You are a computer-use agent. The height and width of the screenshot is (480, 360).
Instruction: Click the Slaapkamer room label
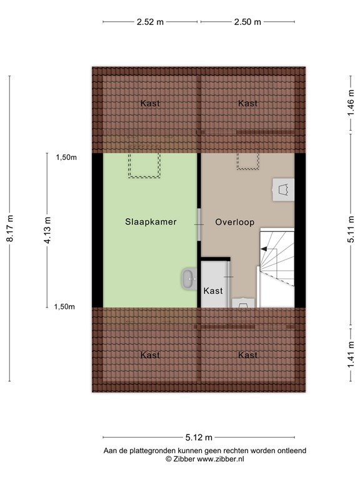[x=150, y=222]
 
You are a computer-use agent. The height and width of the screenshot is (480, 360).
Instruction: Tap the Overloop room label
[x=234, y=222]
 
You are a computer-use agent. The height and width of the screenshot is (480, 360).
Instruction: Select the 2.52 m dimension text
[x=150, y=22]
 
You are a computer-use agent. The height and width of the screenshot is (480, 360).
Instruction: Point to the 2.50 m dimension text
[x=248, y=22]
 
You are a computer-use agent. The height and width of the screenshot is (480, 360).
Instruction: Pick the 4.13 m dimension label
[x=47, y=231]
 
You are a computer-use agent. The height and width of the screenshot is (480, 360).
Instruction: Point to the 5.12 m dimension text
[x=199, y=437]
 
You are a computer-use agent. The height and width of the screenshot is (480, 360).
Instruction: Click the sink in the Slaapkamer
[x=188, y=279]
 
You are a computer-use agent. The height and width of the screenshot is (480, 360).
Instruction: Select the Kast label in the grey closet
[x=213, y=291]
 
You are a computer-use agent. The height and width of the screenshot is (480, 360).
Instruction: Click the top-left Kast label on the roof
[x=150, y=103]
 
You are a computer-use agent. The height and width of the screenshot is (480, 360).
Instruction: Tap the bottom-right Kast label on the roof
[x=248, y=355]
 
